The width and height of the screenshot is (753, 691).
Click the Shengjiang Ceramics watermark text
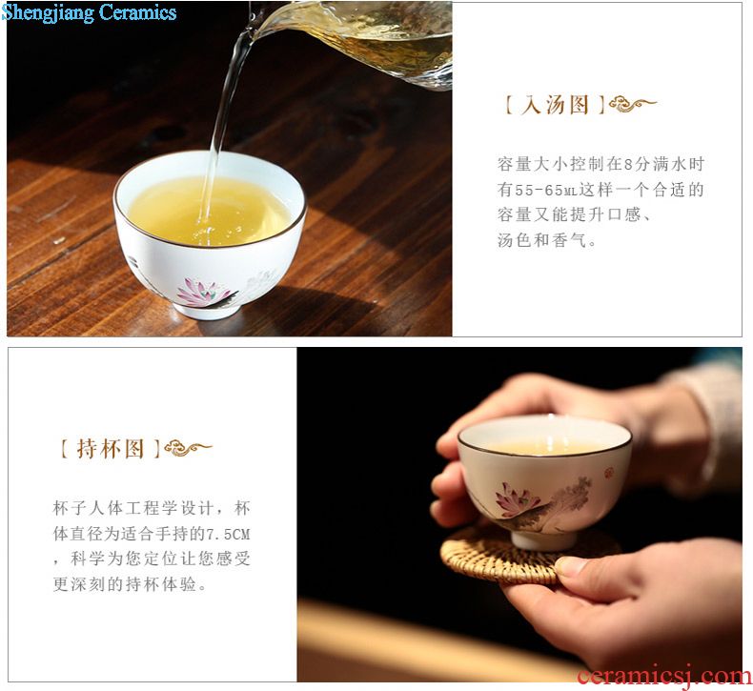click(x=89, y=12)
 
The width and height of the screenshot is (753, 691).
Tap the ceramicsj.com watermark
click(x=664, y=676)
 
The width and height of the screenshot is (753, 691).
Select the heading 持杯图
click(x=110, y=449)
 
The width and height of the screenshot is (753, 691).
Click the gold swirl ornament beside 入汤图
click(x=632, y=104)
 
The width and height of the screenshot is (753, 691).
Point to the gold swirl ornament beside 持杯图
click(x=188, y=449)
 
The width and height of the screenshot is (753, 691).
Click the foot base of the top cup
click(x=208, y=310)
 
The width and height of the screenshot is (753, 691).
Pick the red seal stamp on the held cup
click(x=608, y=474)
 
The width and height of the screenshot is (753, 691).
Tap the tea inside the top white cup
click(x=210, y=212)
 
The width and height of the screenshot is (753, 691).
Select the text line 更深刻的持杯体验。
click(x=130, y=584)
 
